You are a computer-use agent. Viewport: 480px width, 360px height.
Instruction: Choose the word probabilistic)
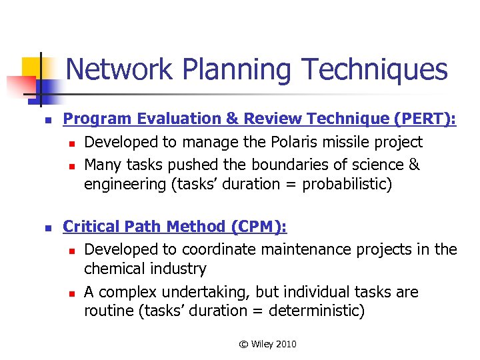[347, 185]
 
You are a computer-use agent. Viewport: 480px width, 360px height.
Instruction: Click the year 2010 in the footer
[285, 344]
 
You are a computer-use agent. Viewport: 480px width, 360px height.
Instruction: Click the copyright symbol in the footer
[243, 344]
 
